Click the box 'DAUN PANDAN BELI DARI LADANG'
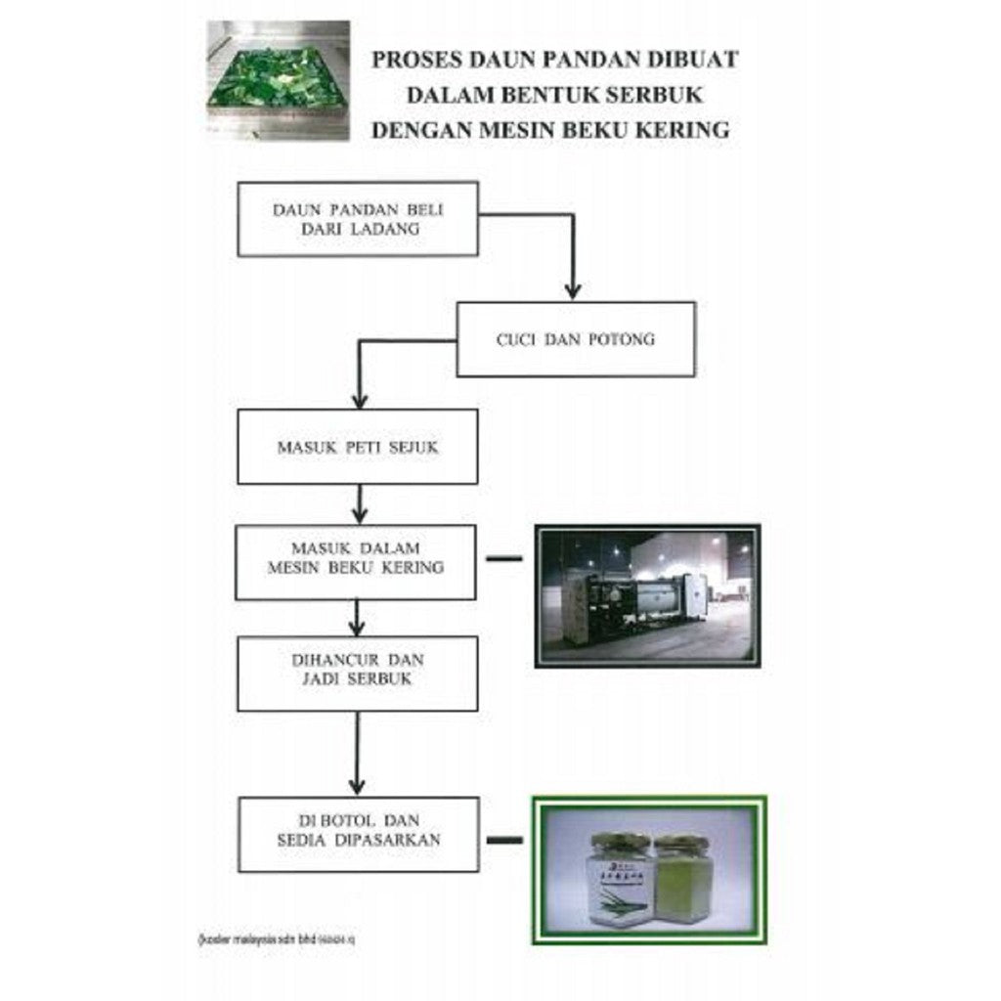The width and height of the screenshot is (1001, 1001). click(x=358, y=219)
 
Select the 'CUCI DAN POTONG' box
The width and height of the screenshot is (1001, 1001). click(x=576, y=339)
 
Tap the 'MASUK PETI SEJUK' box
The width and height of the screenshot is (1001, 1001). click(x=358, y=447)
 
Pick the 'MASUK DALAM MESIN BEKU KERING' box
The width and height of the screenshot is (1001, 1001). click(x=356, y=562)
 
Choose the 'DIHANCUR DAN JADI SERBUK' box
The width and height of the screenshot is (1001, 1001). click(x=358, y=674)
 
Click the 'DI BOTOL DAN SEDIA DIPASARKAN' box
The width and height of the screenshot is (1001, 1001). click(x=359, y=834)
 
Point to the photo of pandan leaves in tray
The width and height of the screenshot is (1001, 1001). click(x=279, y=79)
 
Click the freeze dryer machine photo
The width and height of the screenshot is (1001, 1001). click(x=647, y=595)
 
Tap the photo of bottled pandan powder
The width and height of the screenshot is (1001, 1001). click(x=649, y=870)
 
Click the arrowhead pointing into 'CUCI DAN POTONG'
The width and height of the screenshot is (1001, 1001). click(x=573, y=290)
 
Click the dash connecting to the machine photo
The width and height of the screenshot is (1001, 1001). click(x=503, y=559)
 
